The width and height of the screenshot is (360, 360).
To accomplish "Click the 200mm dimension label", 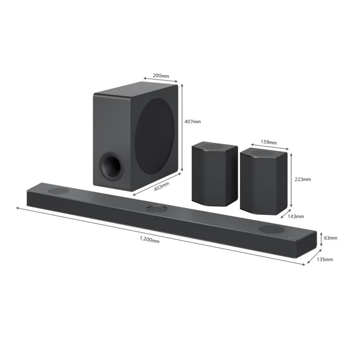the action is pyautogui.click(x=161, y=75).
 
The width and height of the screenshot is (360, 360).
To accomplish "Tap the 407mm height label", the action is pyautogui.click(x=193, y=121).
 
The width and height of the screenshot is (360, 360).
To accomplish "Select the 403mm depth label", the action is pyautogui.click(x=162, y=186).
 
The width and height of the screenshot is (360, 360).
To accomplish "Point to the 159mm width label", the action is pyautogui.click(x=268, y=142).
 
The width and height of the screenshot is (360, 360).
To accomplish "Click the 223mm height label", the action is pyautogui.click(x=302, y=179).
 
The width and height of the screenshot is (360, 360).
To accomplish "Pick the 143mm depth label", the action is pyautogui.click(x=296, y=216).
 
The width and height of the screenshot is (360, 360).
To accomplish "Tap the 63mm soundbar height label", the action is pyautogui.click(x=331, y=238).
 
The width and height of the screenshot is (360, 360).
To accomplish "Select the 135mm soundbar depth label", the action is pyautogui.click(x=324, y=260).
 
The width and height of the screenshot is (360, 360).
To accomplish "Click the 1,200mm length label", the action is pyautogui.click(x=150, y=240).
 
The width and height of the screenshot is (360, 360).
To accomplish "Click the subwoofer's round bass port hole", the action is pyautogui.click(x=111, y=166).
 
